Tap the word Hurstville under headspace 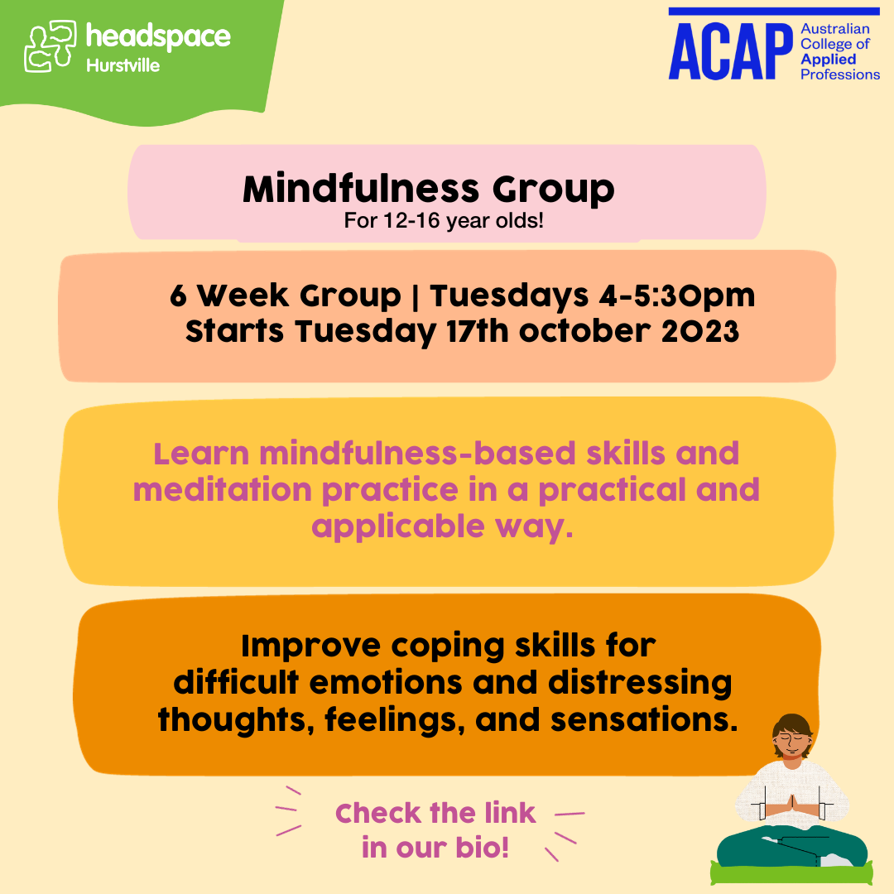point(123,65)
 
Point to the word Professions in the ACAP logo point(840,74)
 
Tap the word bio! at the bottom point(478,849)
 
